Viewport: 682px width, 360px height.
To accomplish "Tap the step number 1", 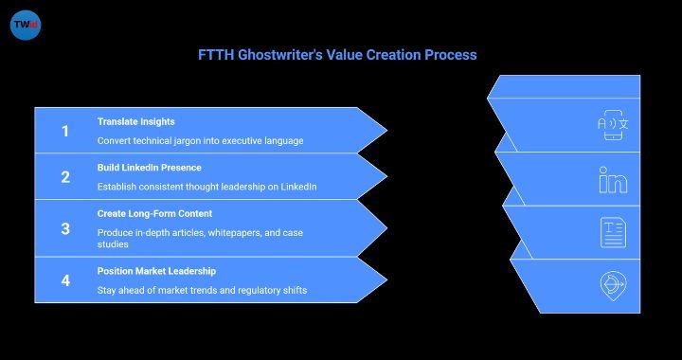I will coord(65,131).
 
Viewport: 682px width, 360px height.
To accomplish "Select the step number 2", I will coord(65,177).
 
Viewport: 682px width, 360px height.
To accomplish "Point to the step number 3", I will coord(65,228).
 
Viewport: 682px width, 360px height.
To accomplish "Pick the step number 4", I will coord(65,280).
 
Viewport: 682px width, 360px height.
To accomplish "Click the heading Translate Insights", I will coord(135,121).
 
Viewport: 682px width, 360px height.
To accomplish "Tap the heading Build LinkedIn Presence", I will coord(150,168).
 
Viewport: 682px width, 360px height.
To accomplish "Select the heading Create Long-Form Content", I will coord(154,213).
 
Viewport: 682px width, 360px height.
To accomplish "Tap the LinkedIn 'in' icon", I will coord(613,180).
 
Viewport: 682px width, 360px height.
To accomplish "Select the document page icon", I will coord(613,231).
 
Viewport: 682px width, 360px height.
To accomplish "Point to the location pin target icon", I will coord(613,283).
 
